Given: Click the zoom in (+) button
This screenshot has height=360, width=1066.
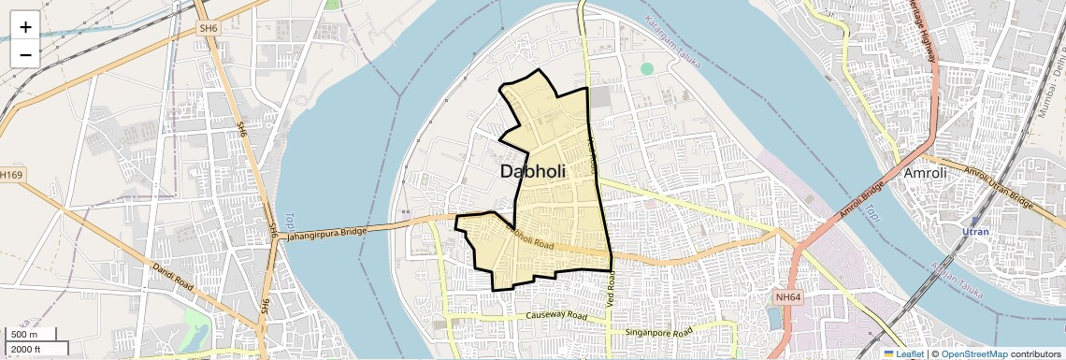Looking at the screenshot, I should (x=25, y=27).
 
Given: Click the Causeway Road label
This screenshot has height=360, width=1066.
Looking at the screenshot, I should (x=557, y=317).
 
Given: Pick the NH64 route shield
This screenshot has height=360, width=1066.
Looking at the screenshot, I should (x=788, y=297).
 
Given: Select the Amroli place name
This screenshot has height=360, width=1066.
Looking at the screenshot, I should (x=926, y=174).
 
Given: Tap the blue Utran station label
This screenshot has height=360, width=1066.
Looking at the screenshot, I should (x=975, y=230).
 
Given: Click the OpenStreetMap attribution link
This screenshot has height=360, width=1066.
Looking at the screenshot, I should (x=973, y=353).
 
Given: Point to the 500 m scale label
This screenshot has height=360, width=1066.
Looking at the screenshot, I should (x=25, y=335).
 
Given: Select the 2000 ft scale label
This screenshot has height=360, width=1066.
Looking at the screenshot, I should (x=26, y=350).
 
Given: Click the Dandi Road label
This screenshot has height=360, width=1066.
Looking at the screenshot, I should (x=178, y=281).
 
